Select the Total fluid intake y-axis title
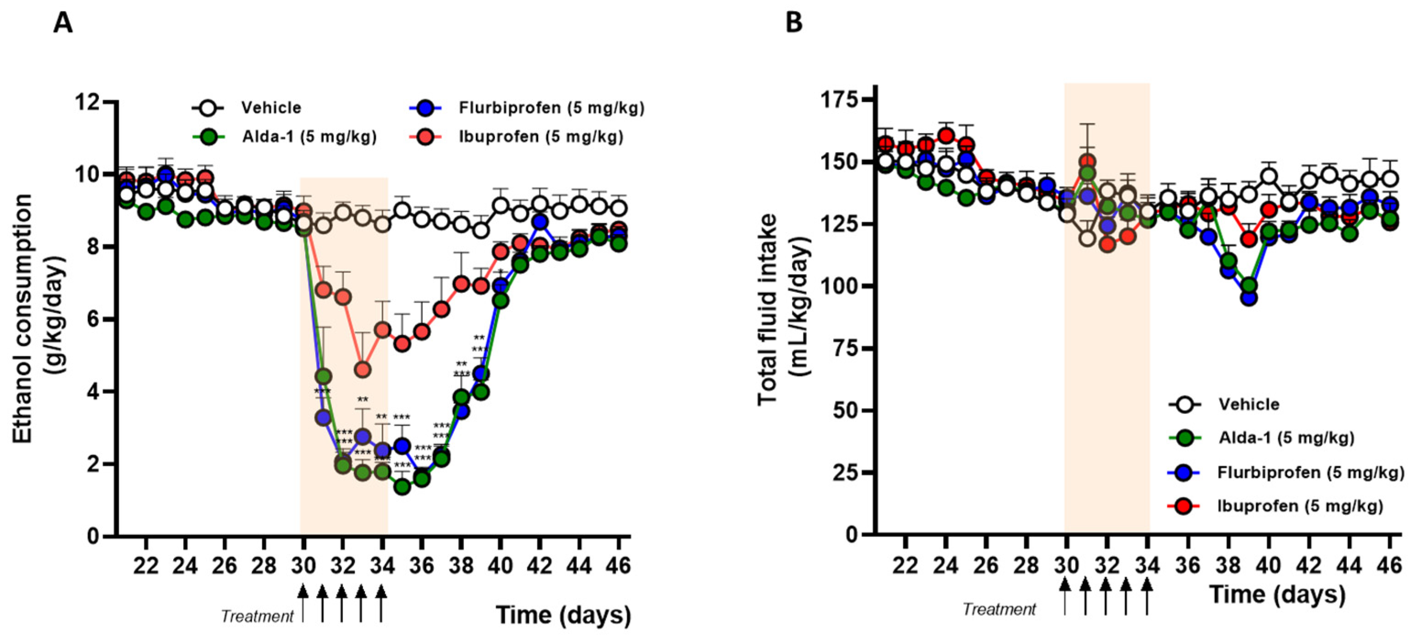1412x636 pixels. point(784,310)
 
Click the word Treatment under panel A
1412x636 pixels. point(257,616)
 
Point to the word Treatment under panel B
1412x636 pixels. point(999,609)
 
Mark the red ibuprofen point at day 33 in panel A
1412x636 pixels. point(363,370)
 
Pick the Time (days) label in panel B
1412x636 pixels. point(1277,594)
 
